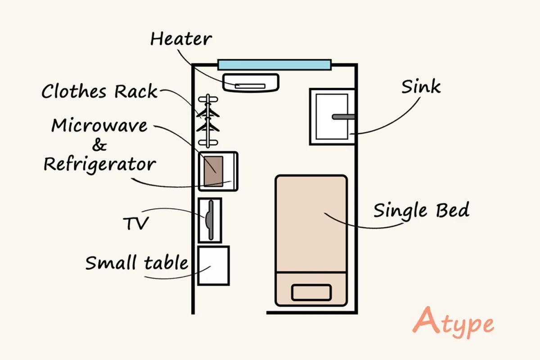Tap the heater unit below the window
pos(251,83)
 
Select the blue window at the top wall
pos(274,64)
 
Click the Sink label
pos(421,86)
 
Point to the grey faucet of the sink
pos(344,117)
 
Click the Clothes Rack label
pos(99,92)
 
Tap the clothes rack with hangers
pos(207,120)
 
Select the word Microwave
pos(99,126)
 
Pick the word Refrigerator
pos(99,165)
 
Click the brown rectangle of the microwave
pos(214,171)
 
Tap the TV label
pos(135,223)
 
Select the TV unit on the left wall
pos(210,220)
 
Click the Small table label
pos(137,262)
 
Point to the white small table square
pos(214,265)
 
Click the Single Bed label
pos(421,211)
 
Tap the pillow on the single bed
pos(311,292)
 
